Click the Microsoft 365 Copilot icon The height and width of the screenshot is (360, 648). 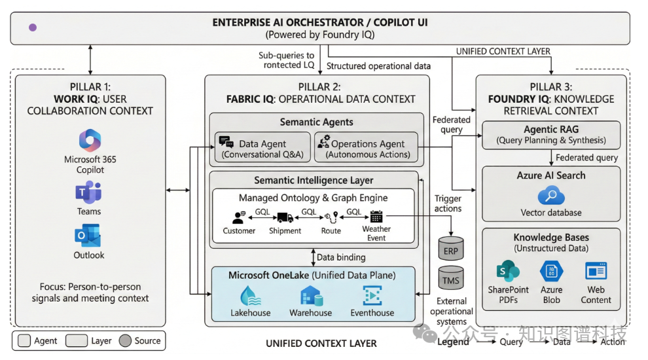click(x=90, y=141)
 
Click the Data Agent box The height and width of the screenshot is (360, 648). click(x=262, y=149)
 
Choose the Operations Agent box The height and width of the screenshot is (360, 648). click(x=363, y=149)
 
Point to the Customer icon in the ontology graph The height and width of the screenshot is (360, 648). click(x=238, y=217)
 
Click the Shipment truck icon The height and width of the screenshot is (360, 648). click(x=285, y=217)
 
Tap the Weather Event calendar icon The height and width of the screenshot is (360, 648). click(x=376, y=217)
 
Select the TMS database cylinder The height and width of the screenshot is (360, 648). click(x=451, y=278)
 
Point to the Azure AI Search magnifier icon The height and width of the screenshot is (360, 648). click(x=550, y=196)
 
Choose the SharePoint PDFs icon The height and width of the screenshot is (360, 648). click(x=508, y=271)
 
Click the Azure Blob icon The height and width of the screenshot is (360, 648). click(x=551, y=271)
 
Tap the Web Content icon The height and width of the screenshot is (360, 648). click(x=596, y=271)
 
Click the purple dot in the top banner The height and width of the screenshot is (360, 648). click(x=33, y=27)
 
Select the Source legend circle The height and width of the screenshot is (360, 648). click(x=125, y=340)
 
